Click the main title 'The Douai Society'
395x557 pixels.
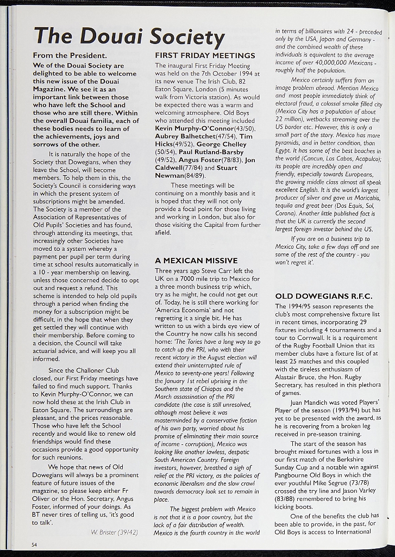tap(129, 36)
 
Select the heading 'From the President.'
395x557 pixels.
tap(70, 55)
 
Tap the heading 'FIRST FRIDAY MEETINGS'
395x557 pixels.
tap(205, 55)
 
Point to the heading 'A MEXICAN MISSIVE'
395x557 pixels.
tap(196, 261)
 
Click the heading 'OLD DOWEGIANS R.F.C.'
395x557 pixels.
tap(324, 296)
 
